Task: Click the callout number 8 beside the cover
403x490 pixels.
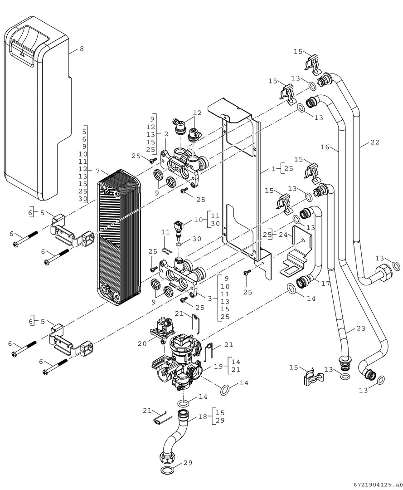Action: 82,49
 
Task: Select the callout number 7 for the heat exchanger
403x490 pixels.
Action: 98,171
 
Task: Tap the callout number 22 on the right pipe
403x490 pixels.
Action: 374,142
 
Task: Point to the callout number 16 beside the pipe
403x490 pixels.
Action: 325,147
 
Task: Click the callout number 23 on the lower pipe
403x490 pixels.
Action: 360,328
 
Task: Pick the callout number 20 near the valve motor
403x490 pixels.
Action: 142,344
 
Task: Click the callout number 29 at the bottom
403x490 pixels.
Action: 188,462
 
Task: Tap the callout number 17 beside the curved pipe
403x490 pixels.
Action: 325,284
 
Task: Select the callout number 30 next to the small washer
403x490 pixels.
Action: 197,239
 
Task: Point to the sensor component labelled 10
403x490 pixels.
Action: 179,229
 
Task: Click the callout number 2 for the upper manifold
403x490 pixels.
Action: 166,134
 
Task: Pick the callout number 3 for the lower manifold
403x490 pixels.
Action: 210,299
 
